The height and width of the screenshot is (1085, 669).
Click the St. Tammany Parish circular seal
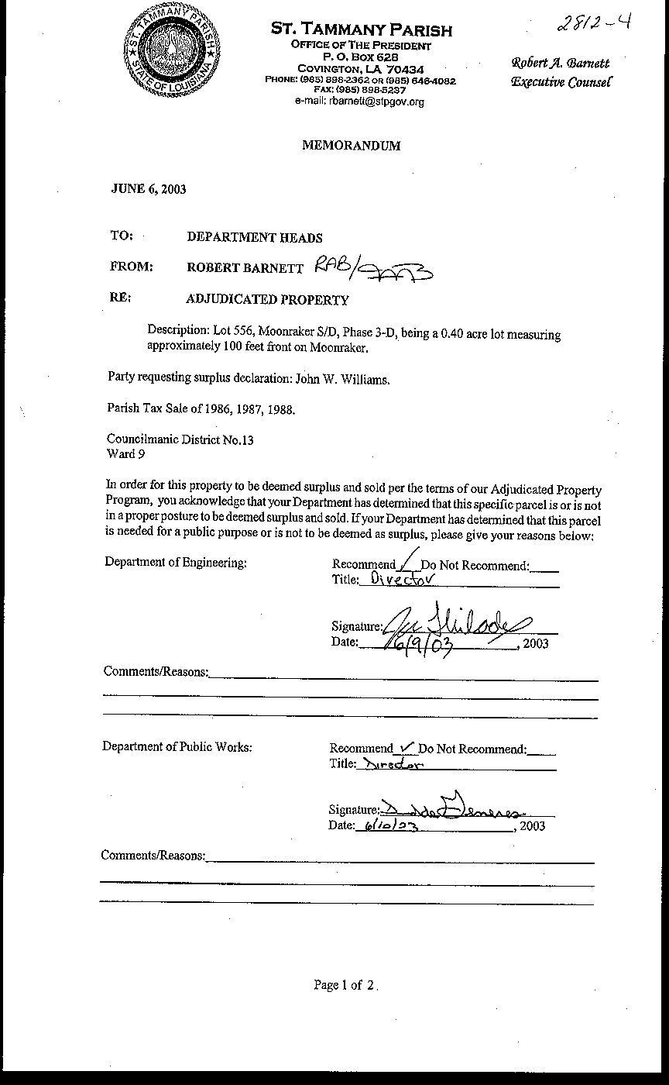tap(174, 56)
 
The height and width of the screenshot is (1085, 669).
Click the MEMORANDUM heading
tap(351, 145)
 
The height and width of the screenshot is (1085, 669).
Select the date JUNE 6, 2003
tap(149, 188)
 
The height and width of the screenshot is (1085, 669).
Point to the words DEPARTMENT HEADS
tap(255, 238)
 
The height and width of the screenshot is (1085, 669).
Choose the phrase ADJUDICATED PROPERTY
tap(268, 300)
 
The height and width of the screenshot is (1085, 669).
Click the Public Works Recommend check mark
tap(405, 747)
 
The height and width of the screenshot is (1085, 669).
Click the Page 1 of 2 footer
tap(345, 986)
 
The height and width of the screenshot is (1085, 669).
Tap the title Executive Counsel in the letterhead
tap(561, 82)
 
